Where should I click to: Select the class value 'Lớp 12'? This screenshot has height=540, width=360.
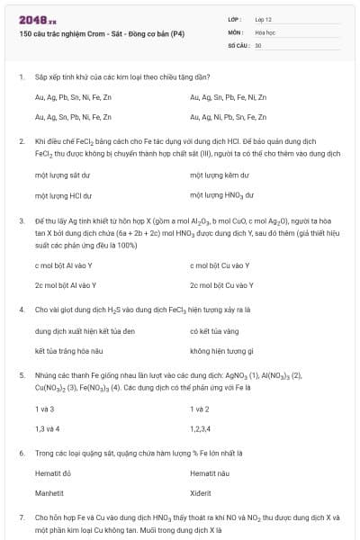264,18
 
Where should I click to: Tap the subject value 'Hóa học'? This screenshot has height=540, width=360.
265,31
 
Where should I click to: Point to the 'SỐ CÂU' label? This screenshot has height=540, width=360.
238,44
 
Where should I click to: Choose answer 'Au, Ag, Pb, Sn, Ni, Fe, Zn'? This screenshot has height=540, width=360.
73,97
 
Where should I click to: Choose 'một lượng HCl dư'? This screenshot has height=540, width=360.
63,194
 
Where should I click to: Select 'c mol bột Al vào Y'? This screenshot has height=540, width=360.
63,265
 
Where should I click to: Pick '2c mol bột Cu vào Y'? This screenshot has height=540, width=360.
221,285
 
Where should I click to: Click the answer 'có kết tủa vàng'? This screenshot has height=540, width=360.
216,331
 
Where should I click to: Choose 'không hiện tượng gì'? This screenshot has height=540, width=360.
221,351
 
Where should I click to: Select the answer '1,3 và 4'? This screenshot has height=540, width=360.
48,428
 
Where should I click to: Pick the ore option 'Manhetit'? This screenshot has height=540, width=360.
49,493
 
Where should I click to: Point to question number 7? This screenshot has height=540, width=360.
21,518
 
